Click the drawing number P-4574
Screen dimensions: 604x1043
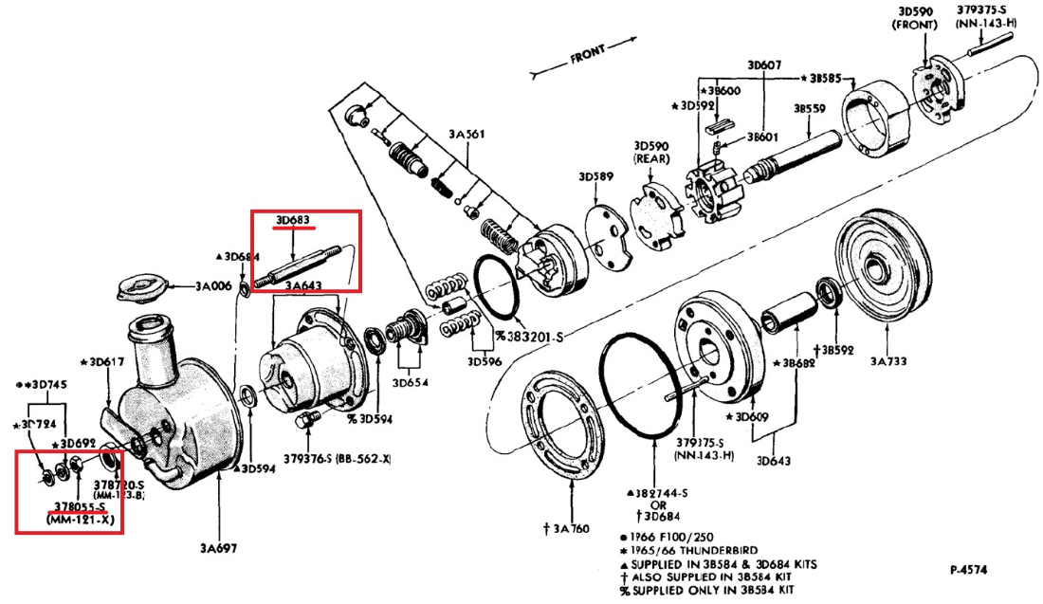pyautogui.click(x=970, y=570)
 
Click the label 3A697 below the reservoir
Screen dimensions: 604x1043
pyautogui.click(x=219, y=548)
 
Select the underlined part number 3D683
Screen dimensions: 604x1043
pyautogui.click(x=294, y=222)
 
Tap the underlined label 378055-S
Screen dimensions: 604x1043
pyautogui.click(x=78, y=507)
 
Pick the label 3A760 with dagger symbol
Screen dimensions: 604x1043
pyautogui.click(x=573, y=527)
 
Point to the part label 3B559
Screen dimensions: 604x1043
pyautogui.click(x=810, y=109)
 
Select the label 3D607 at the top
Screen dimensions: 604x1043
pyautogui.click(x=763, y=65)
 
